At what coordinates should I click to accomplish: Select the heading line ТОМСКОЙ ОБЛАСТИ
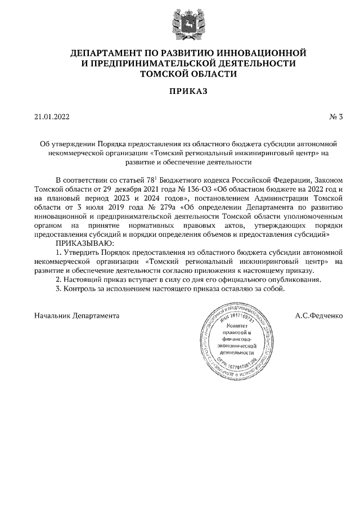click(x=180, y=73)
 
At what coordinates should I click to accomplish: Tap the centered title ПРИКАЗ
click(x=180, y=91)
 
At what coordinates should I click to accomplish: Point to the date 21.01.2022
click(x=52, y=118)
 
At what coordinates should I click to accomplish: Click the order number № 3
click(x=336, y=118)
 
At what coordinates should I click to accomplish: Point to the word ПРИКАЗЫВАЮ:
click(x=84, y=242)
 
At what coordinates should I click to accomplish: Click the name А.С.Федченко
click(x=318, y=316)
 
